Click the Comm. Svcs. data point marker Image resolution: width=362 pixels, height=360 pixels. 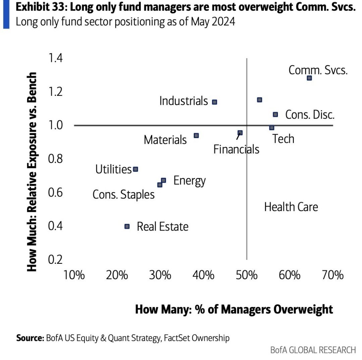point(309,78)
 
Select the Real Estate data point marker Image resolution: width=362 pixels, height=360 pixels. point(127,226)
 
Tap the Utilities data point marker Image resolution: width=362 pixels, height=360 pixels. point(135,169)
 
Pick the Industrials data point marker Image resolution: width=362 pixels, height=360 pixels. point(215,102)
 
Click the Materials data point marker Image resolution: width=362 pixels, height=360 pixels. point(196,135)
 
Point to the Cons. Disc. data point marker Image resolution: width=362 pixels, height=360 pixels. point(275,115)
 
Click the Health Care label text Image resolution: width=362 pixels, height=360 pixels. point(291,207)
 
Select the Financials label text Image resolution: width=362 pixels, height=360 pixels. point(236,149)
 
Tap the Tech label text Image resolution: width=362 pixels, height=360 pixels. point(283,139)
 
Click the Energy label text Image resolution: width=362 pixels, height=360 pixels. point(189,181)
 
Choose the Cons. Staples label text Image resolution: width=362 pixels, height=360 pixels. point(123,194)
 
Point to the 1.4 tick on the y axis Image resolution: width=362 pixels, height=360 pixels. point(55,58)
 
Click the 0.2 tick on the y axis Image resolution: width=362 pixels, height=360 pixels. point(55,260)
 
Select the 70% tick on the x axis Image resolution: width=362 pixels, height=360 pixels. point(332,276)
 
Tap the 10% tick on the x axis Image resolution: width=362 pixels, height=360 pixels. point(74,276)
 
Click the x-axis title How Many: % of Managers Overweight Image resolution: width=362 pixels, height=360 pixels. point(234,309)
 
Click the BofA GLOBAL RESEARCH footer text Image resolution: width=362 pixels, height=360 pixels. point(313,350)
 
